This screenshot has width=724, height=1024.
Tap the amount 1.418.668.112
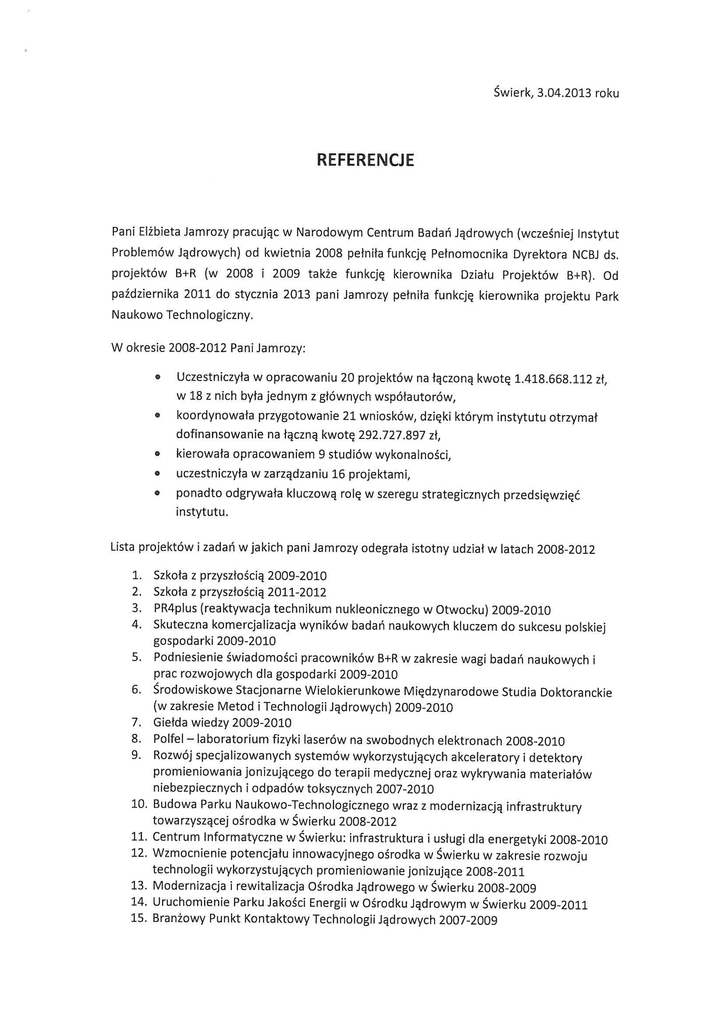(x=553, y=379)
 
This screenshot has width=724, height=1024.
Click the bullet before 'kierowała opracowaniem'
(x=157, y=455)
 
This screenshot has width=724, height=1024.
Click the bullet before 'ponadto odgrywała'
(x=157, y=494)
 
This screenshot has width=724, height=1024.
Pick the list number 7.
(x=137, y=722)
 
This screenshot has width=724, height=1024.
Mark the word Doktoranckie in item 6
(x=576, y=692)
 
